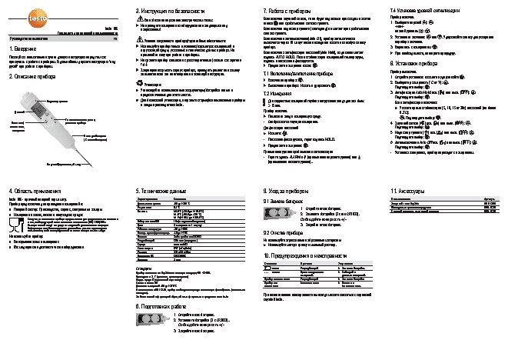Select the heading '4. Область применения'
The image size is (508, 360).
(35, 189)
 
